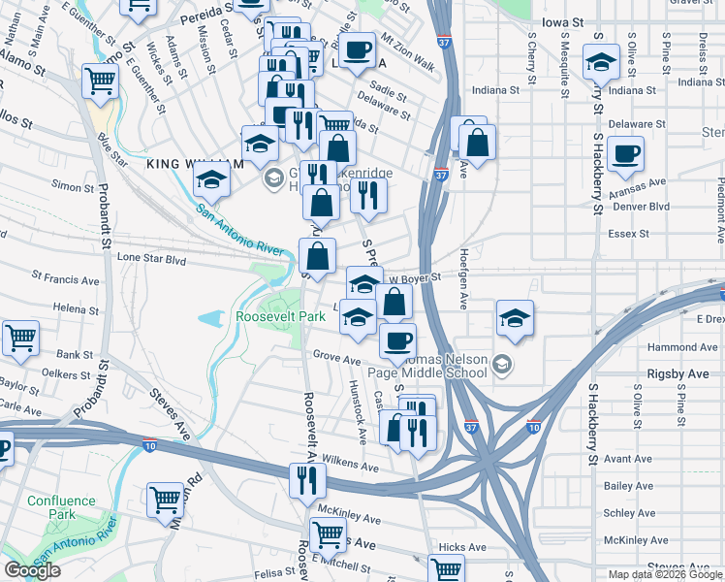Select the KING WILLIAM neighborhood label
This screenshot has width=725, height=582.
tap(189, 164)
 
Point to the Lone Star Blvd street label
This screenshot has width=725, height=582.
tap(150, 260)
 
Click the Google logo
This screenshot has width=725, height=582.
tap(32, 570)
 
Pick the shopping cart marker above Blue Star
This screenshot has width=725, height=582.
tap(100, 81)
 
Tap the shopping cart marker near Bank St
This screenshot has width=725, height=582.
tap(20, 338)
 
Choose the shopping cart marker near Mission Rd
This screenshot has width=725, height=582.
tap(166, 500)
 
